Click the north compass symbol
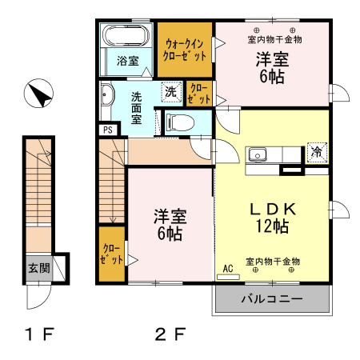[38, 94]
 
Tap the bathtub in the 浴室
[126, 35]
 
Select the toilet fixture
[179, 122]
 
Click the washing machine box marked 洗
[171, 92]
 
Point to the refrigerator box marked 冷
[317, 152]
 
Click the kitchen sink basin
[258, 155]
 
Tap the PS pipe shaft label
[108, 130]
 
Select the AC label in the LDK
[228, 268]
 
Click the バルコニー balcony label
[272, 299]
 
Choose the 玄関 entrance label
[39, 268]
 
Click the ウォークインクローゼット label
[185, 50]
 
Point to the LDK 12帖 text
[273, 218]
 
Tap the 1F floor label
[39, 334]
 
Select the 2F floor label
[170, 334]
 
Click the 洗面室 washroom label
[136, 108]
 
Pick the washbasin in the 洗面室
[107, 94]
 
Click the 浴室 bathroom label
[128, 61]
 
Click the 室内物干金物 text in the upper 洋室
[274, 40]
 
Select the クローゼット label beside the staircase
[111, 254]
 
